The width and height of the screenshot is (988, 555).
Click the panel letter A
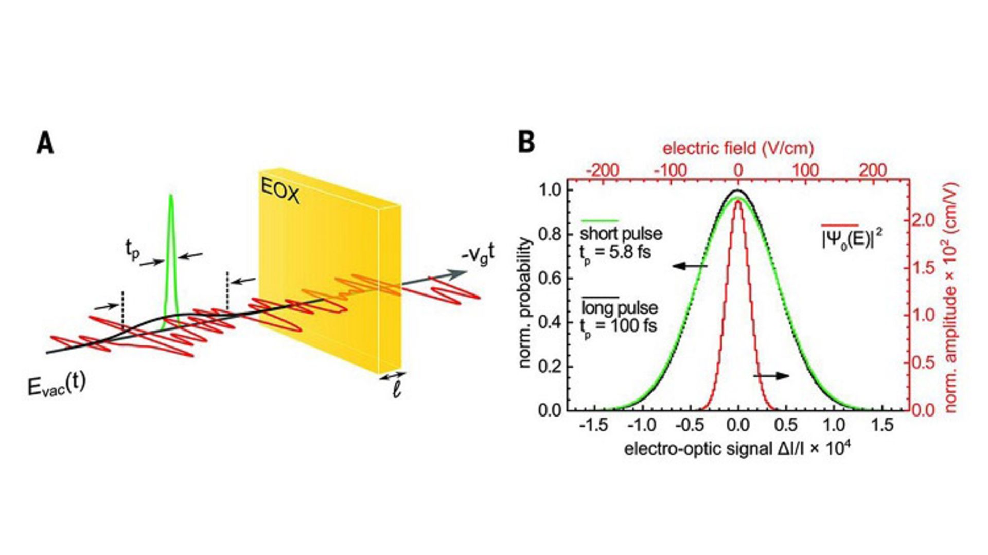click(45, 144)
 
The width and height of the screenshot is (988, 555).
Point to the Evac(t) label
click(57, 385)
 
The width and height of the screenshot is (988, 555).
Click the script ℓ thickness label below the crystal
click(396, 390)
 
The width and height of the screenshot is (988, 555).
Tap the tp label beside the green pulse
click(132, 250)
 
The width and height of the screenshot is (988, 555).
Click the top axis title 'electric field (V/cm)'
click(738, 148)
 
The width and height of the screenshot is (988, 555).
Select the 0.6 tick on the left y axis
click(550, 279)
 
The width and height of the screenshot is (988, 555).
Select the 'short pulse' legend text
click(621, 234)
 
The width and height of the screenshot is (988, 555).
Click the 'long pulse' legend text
click(620, 308)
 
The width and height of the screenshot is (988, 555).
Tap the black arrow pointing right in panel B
click(771, 376)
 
